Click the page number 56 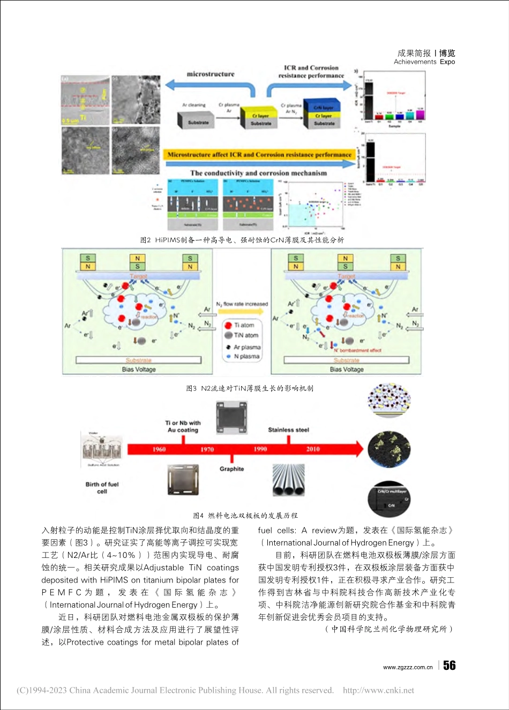pos(450,666)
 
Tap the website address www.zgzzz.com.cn pos(408,667)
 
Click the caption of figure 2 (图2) pos(242,240)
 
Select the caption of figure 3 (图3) pos(249,388)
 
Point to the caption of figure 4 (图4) pos(245,516)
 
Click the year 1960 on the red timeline pos(159,449)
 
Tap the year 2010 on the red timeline pos(313,449)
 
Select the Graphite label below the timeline pos(231,469)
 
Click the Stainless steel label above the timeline pos(288,430)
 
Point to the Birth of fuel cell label pos(102,488)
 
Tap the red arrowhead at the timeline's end pos(357,449)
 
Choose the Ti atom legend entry pos(244,325)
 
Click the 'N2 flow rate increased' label pos(242,304)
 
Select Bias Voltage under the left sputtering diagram pos(139,369)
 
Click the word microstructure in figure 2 pos(211,74)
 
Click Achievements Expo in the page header pos(424,62)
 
